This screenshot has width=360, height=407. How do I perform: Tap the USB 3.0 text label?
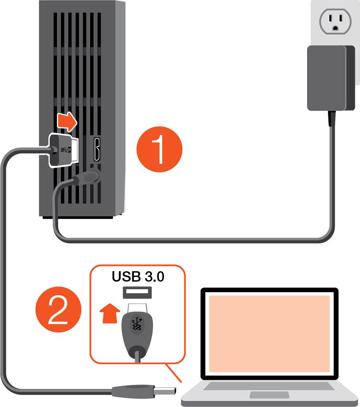point(138,277)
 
